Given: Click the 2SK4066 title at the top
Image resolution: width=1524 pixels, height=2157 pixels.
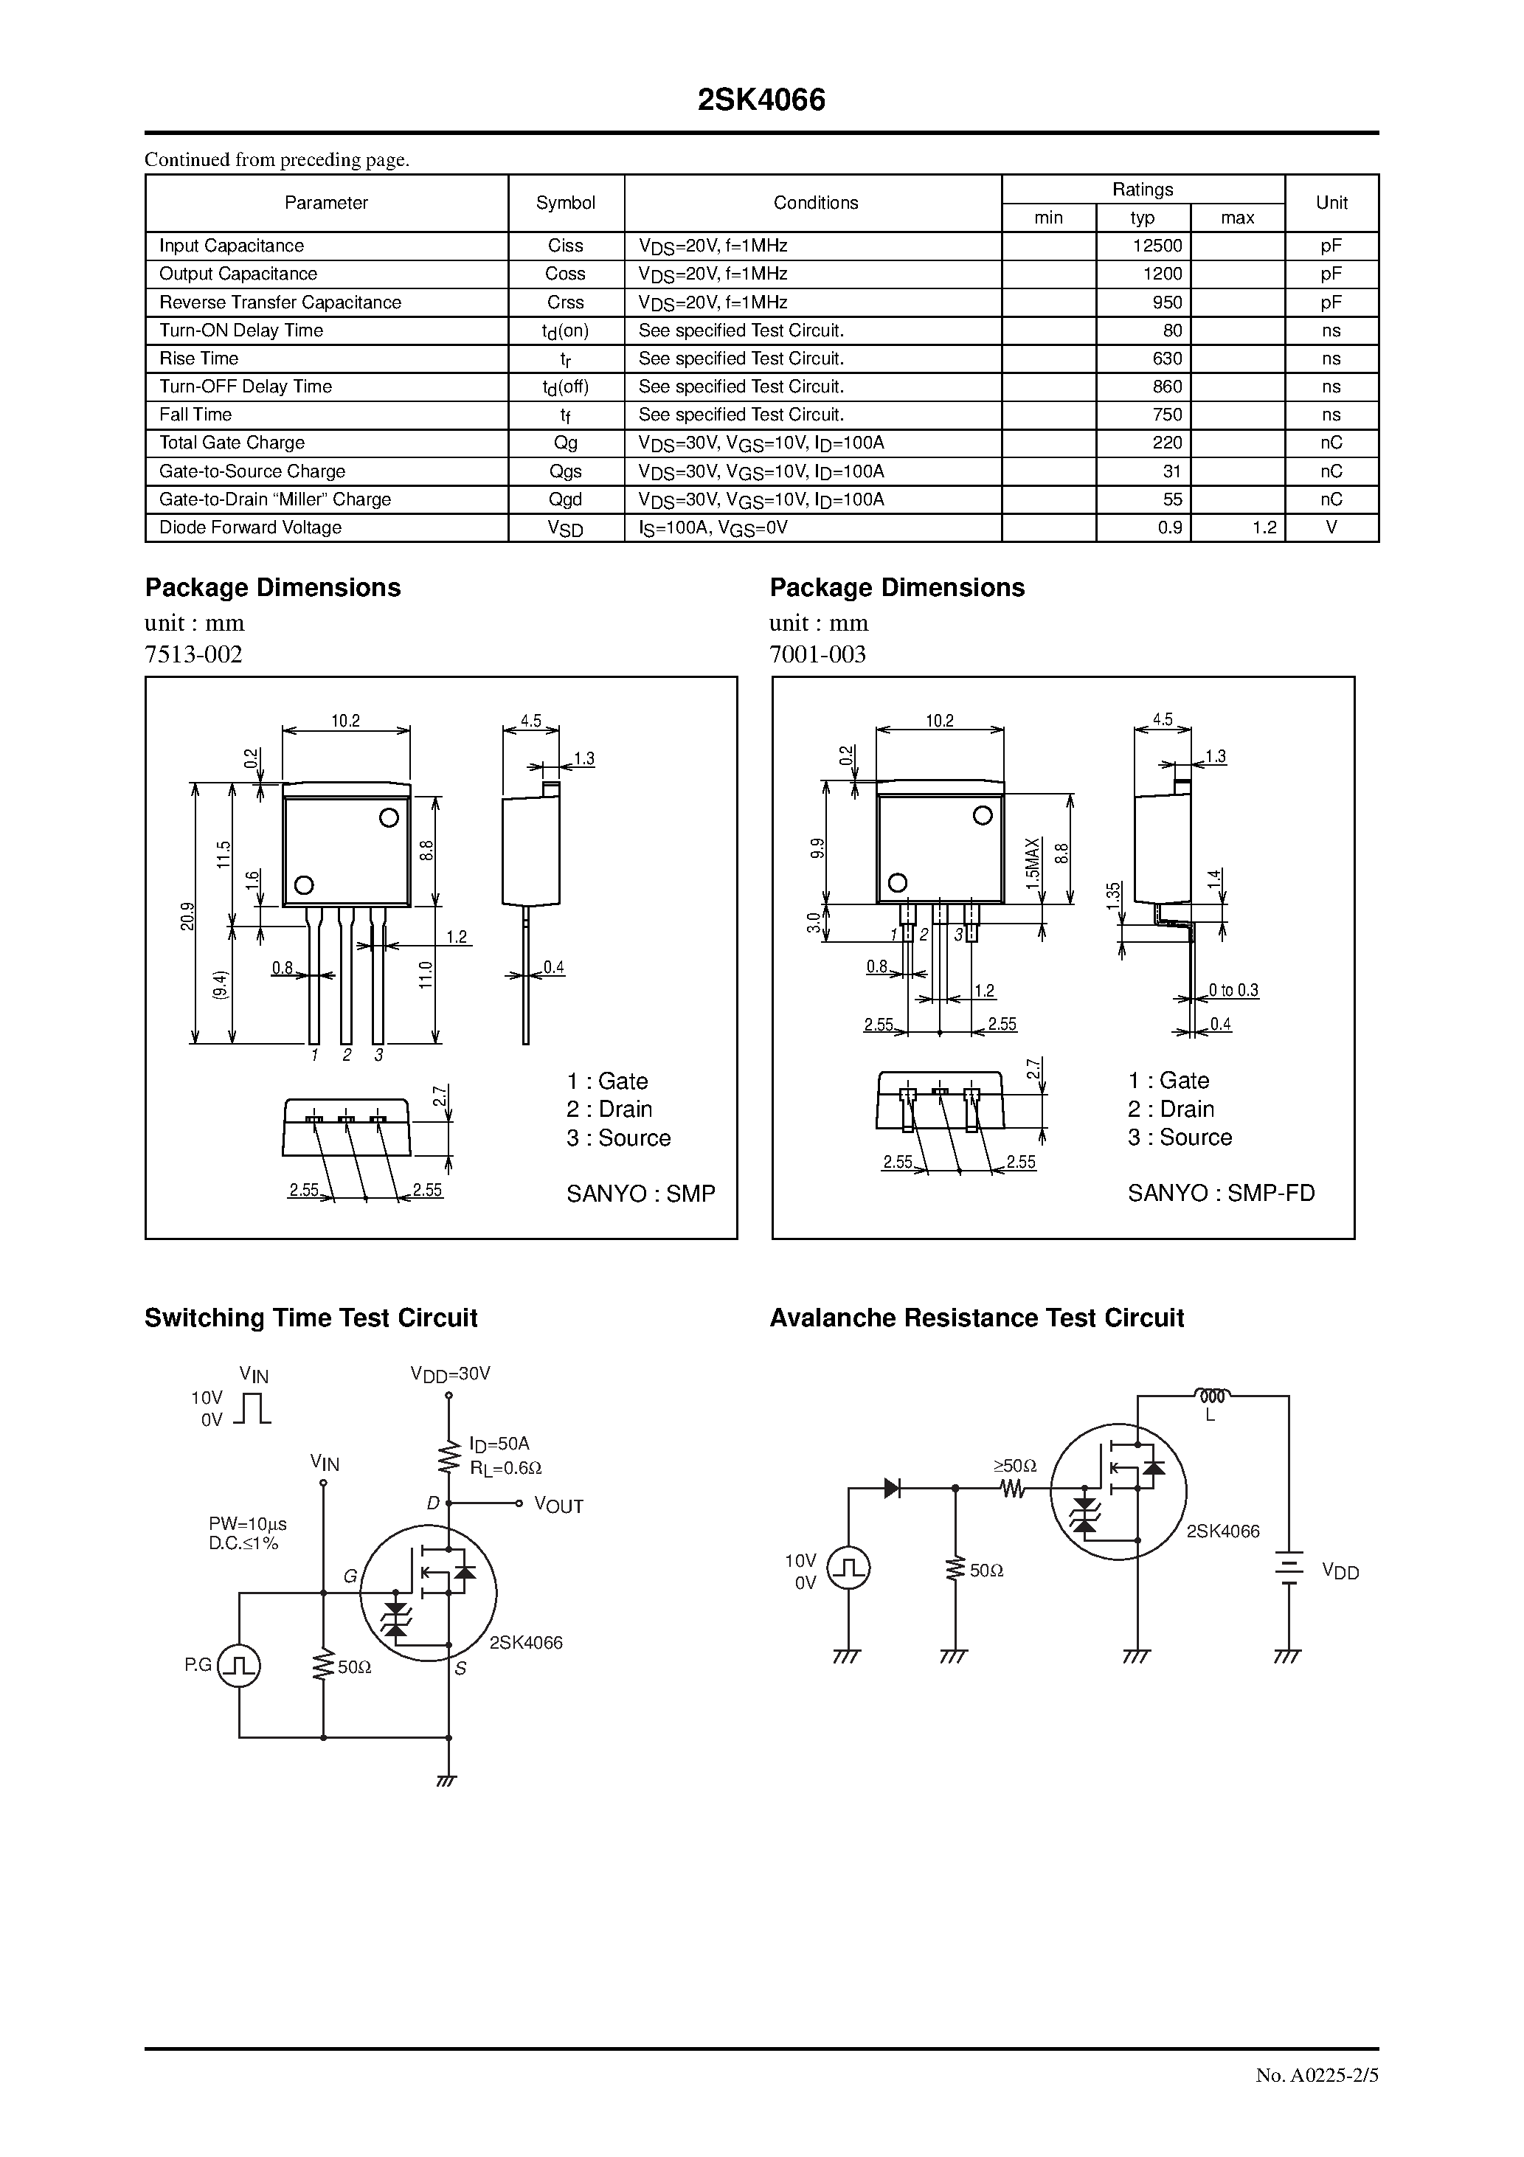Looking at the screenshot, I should point(761,100).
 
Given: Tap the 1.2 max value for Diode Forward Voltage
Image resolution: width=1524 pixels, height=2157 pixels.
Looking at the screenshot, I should point(1264,528).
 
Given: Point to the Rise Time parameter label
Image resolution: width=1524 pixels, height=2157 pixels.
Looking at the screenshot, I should point(199,359).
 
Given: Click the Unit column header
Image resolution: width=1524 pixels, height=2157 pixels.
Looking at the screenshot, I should point(1331,203).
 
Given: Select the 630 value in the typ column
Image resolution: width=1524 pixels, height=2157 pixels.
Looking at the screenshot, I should point(1168,359).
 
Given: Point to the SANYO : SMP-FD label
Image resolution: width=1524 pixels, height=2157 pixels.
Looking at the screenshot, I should point(1221,1193).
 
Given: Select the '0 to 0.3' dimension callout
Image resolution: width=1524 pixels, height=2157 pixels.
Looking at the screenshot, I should point(1233,990).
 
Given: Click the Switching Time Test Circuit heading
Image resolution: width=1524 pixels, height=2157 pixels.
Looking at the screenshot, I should point(311,1318).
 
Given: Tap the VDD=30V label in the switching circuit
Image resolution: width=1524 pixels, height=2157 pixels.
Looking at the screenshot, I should point(450,1374).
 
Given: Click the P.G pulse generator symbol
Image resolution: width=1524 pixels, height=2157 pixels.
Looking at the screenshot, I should point(239,1666).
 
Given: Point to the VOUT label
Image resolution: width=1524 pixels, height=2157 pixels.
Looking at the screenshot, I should point(559,1506).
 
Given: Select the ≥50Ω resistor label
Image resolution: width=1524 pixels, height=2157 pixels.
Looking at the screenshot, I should point(1015,1466).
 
